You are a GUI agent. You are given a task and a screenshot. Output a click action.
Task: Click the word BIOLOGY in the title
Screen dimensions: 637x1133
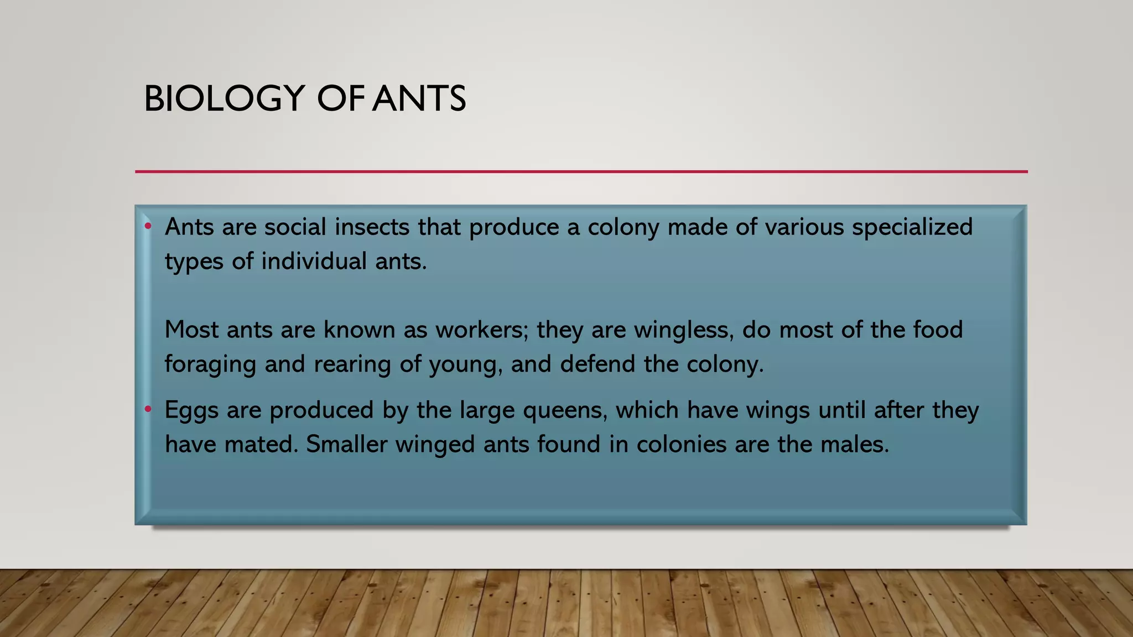(x=224, y=99)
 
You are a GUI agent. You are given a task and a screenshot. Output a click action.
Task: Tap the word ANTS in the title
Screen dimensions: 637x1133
(x=419, y=99)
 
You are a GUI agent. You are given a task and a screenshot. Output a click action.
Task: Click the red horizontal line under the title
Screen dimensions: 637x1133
(x=581, y=171)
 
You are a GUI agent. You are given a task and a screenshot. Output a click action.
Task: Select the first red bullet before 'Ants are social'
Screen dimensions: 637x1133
(x=148, y=226)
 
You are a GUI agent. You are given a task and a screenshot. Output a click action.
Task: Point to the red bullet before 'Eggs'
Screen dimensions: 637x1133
(x=148, y=409)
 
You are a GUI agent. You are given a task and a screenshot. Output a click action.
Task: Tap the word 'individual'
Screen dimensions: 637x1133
(x=314, y=261)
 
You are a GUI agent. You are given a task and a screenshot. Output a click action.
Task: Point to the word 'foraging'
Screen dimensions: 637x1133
(x=210, y=365)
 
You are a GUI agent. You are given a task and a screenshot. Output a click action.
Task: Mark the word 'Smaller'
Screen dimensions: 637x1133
(x=346, y=444)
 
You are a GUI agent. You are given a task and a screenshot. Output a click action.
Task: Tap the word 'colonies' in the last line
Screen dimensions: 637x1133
(x=681, y=444)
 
